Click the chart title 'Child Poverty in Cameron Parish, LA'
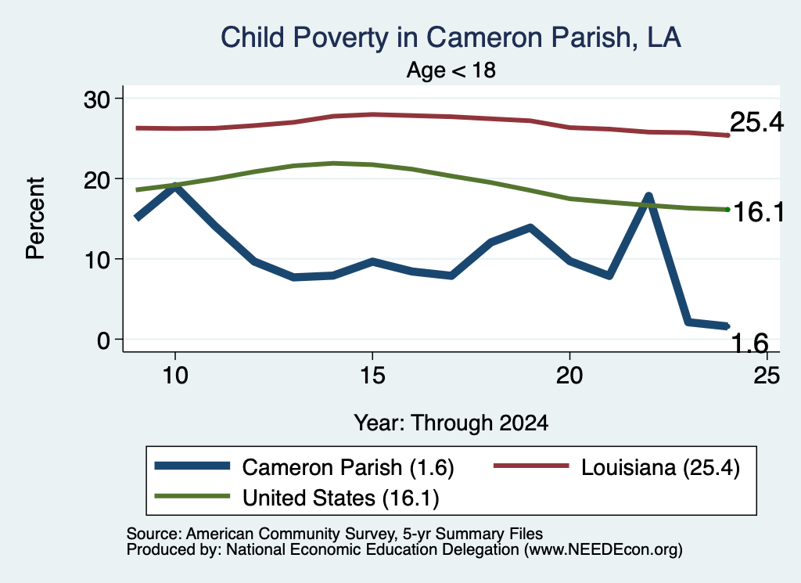(x=451, y=38)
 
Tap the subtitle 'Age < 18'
(x=451, y=70)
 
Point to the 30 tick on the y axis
(x=96, y=99)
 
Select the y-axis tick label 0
(x=103, y=340)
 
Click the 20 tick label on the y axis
(x=96, y=179)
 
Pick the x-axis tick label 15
(x=372, y=376)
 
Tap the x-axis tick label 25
(x=767, y=376)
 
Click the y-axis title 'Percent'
(x=36, y=218)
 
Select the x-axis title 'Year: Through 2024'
(x=451, y=423)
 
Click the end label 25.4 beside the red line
(x=756, y=122)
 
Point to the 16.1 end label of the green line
(x=758, y=211)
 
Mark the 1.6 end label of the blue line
(x=749, y=343)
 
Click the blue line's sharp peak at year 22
(x=648, y=196)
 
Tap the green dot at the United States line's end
(x=727, y=210)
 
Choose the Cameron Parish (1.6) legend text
(x=348, y=467)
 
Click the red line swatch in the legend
(x=531, y=466)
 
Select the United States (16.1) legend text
(x=341, y=498)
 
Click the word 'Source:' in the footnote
(x=154, y=534)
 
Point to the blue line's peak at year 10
(x=175, y=186)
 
